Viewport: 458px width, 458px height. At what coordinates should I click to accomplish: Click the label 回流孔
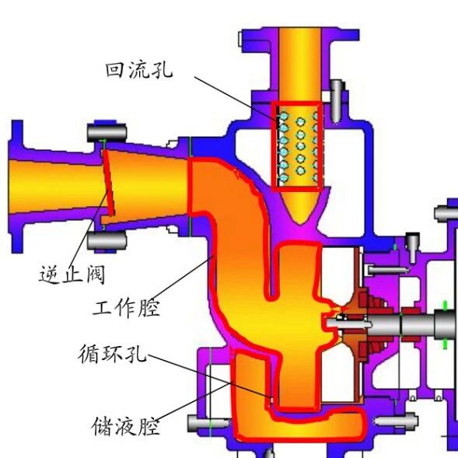click(139, 70)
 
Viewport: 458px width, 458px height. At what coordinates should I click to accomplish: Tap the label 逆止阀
click(72, 274)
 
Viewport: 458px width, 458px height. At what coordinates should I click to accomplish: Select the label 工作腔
click(127, 308)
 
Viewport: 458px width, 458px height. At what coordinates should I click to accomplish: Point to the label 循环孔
click(113, 354)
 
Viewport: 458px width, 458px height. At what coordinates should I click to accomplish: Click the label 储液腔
click(126, 426)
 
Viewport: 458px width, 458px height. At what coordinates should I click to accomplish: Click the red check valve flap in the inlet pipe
click(108, 182)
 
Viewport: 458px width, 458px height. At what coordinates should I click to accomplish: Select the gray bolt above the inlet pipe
click(107, 132)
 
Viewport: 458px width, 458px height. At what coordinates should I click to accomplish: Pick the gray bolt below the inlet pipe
click(107, 240)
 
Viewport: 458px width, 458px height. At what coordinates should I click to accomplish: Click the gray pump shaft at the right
click(391, 324)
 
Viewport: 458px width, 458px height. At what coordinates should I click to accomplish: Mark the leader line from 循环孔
click(210, 376)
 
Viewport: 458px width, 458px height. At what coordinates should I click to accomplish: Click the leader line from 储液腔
click(194, 402)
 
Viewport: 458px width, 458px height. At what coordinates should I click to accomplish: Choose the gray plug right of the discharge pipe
click(337, 101)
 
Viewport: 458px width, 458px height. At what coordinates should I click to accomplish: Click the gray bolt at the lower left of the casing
click(209, 423)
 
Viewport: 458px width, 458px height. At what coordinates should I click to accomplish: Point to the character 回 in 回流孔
click(115, 70)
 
